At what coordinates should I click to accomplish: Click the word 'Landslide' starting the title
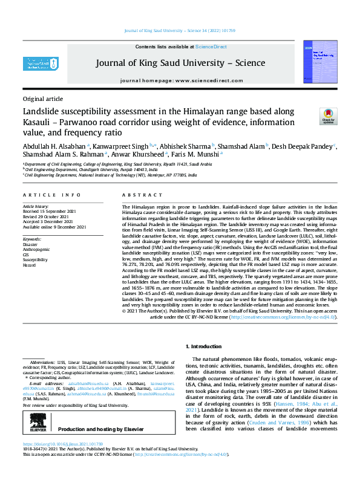pyautogui.click(x=42, y=112)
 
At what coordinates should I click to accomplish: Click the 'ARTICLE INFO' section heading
pyautogui.click(x=51, y=195)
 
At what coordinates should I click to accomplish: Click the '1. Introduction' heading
pyautogui.click(x=206, y=346)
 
